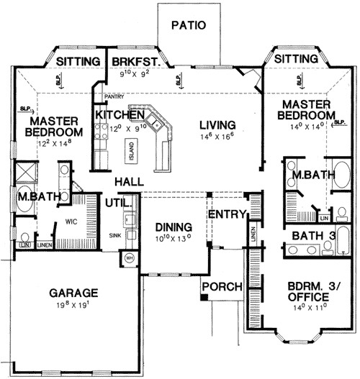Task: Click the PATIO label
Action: click(189, 25)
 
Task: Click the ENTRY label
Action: click(228, 214)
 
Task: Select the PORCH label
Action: click(222, 287)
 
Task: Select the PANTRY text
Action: click(114, 96)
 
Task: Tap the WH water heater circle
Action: click(130, 258)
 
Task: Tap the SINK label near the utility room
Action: click(114, 235)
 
